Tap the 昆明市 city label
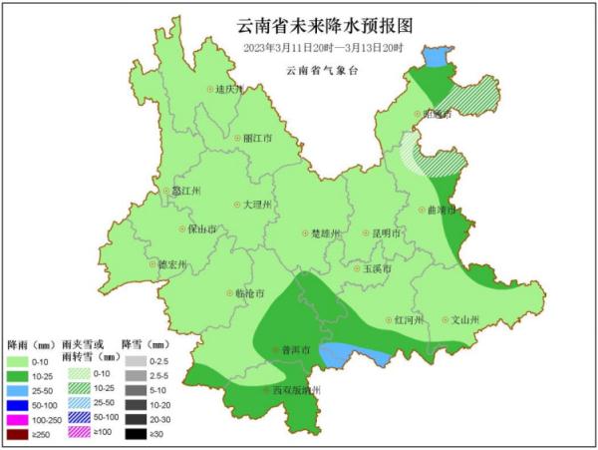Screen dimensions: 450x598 (x=384, y=233)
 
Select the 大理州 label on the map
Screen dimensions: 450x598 (x=254, y=205)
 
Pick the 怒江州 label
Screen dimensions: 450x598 (x=185, y=191)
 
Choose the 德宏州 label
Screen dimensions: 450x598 (x=173, y=265)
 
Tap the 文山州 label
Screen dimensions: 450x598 (x=463, y=320)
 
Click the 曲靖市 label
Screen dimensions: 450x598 (x=440, y=212)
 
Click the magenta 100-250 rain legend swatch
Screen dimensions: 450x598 (x=19, y=420)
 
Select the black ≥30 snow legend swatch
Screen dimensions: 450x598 (x=133, y=434)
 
